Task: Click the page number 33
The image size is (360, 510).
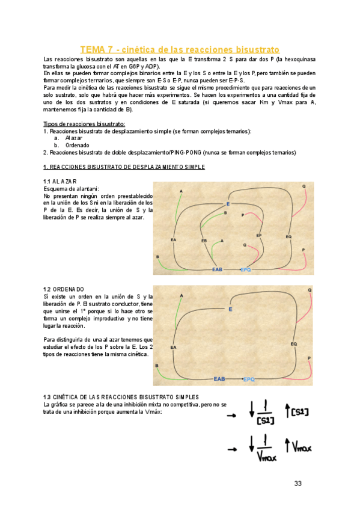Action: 299,484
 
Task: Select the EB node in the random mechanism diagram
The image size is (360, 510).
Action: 204,241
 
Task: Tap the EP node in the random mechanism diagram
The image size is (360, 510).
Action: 259,235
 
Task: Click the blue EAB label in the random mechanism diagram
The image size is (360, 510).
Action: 217,269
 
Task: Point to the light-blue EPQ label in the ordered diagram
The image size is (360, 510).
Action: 248,379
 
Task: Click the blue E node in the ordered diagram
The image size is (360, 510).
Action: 230,309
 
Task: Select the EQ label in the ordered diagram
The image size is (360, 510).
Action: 294,344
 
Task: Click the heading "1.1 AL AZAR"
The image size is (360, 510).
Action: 59,181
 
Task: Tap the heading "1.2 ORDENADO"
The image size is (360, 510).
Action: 64,289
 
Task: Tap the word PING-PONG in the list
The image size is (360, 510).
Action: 180,153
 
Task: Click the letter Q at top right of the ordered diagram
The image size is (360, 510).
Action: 310,290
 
